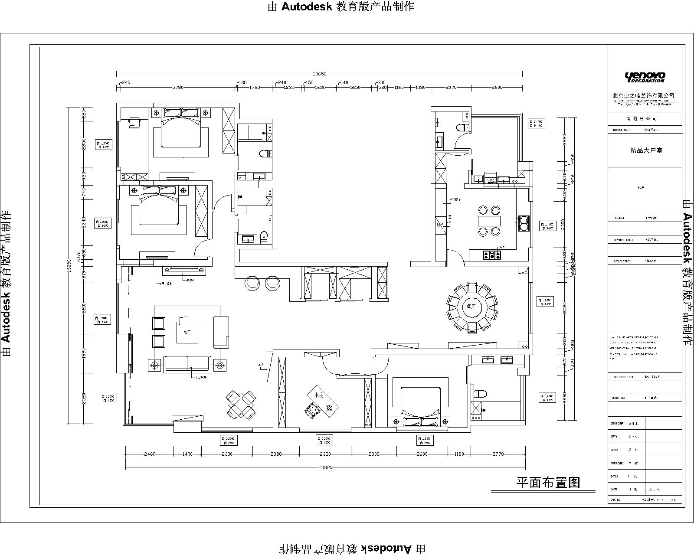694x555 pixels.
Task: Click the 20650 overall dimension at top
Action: coord(319,74)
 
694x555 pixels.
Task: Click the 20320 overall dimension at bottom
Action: coord(325,467)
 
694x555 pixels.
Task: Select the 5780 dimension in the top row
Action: coord(178,87)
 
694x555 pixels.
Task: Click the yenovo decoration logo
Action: coord(645,77)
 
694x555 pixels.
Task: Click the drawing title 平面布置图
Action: coord(548,482)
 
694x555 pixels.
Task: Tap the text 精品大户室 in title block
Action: coord(646,150)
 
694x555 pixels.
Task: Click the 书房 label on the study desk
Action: coord(319,395)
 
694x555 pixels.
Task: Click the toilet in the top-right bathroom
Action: coord(464,127)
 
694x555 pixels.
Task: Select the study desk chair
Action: coord(311,410)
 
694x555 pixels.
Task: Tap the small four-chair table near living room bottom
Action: coord(242,405)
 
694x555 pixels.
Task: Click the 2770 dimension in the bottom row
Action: coord(498,454)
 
